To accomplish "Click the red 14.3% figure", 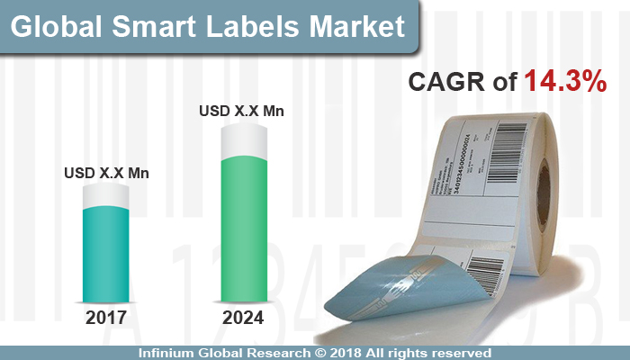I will click(x=564, y=82).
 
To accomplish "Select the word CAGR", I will click(x=447, y=82).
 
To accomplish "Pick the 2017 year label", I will click(x=107, y=319).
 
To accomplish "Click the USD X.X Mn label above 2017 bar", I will click(x=107, y=172).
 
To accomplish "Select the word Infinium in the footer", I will click(x=171, y=351).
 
